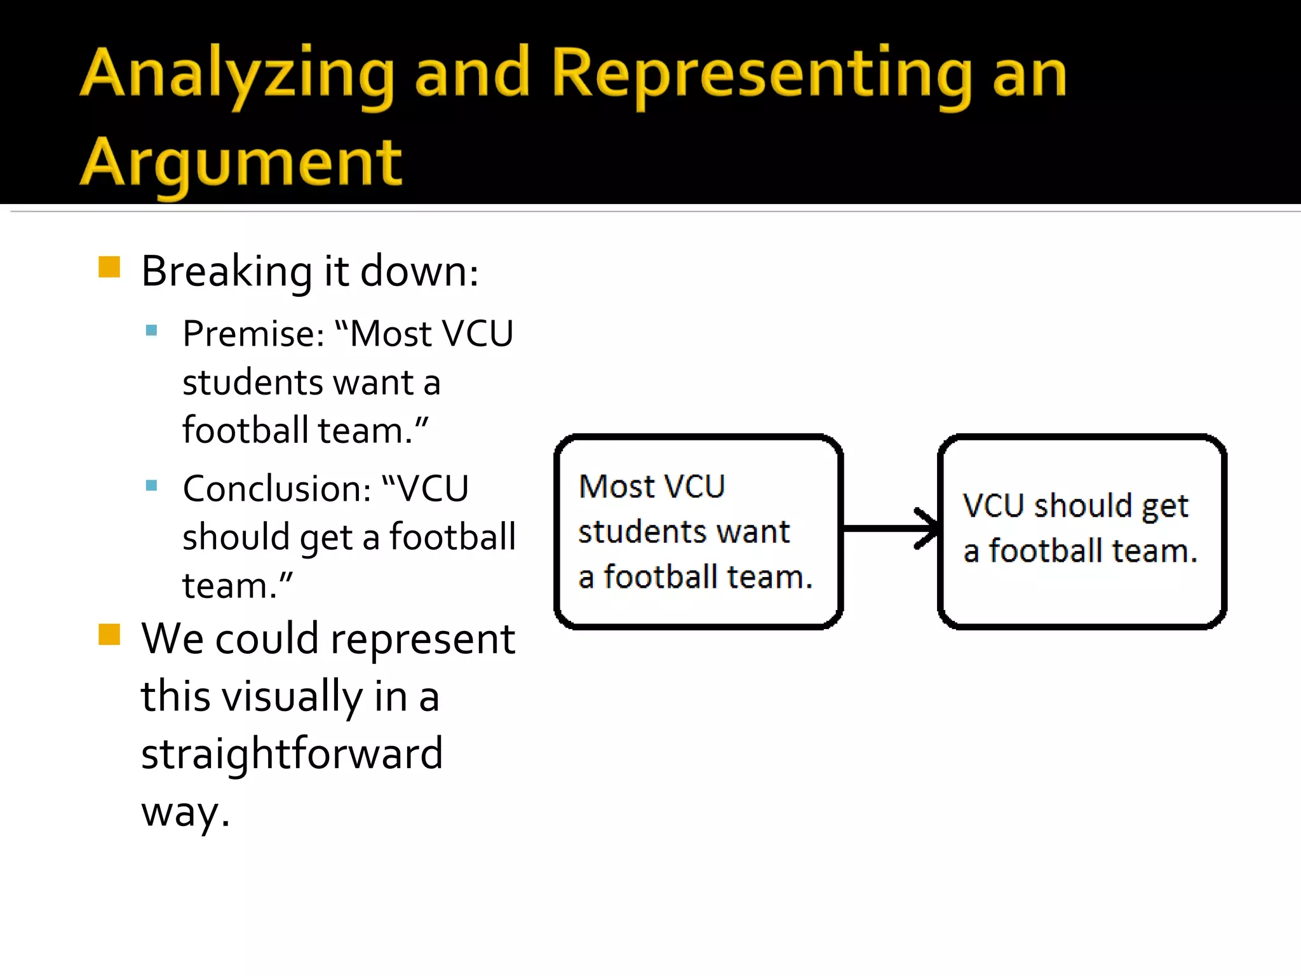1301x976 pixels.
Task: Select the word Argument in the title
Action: (x=241, y=164)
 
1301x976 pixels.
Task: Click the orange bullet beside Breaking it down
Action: (x=109, y=268)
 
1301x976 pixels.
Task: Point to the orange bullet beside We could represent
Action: (x=109, y=634)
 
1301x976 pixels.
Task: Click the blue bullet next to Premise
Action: (x=151, y=330)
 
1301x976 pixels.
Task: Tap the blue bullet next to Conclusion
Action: (x=151, y=486)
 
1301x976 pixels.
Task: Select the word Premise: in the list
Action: (x=253, y=334)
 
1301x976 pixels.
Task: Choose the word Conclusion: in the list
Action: (x=277, y=489)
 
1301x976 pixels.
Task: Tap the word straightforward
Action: (x=292, y=754)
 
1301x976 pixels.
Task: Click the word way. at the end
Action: (x=185, y=812)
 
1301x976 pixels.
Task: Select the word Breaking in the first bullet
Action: (x=226, y=272)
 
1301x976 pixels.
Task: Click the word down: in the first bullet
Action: (x=419, y=272)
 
